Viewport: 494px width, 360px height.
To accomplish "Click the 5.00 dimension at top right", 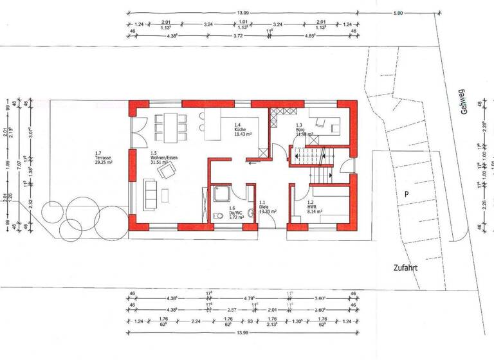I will point(399,12).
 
